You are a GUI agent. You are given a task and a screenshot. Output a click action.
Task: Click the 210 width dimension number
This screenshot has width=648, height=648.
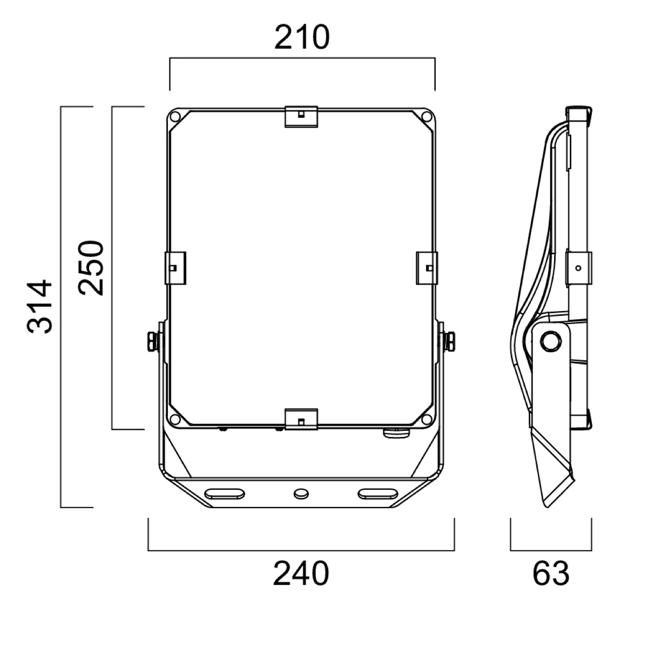pyautogui.click(x=302, y=38)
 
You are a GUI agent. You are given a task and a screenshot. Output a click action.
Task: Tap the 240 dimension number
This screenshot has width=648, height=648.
pyautogui.click(x=301, y=573)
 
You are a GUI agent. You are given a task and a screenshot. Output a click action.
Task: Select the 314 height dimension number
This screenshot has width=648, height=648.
pyautogui.click(x=39, y=306)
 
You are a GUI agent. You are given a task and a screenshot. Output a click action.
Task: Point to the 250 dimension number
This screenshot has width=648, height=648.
pyautogui.click(x=91, y=268)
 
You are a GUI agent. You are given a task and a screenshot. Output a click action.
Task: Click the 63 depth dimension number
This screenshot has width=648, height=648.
pyautogui.click(x=551, y=573)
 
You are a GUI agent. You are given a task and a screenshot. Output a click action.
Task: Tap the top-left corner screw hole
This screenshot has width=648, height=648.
pyautogui.click(x=175, y=117)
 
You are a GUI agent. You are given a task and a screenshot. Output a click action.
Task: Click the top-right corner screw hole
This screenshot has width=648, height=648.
pyautogui.click(x=427, y=117)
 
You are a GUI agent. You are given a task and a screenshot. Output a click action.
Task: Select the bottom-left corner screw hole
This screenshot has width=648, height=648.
pyautogui.click(x=175, y=419)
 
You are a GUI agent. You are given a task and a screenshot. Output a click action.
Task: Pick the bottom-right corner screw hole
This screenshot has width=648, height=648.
pyautogui.click(x=427, y=419)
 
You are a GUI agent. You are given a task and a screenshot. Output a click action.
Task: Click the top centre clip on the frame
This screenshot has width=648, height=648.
pyautogui.click(x=301, y=117)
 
